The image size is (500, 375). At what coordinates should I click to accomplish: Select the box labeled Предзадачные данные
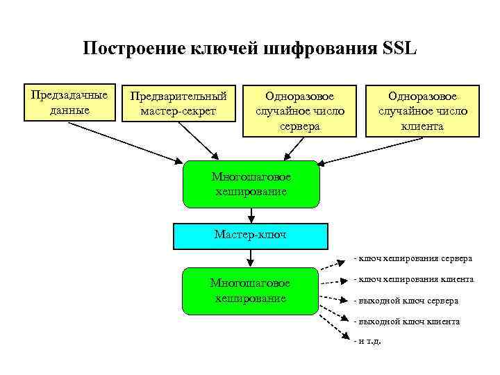[69, 103]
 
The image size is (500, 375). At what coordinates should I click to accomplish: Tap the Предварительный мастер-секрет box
[178, 103]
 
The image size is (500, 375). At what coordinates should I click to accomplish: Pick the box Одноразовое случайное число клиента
[422, 110]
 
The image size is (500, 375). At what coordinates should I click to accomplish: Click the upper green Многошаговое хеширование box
[251, 184]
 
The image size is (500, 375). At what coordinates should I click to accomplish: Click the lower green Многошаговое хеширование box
[251, 290]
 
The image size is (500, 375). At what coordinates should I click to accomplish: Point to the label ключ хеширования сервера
[414, 258]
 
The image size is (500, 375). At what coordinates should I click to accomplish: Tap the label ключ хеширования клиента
[415, 279]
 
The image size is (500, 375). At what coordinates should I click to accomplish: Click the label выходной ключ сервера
[407, 301]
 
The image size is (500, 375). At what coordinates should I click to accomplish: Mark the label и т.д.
[368, 341]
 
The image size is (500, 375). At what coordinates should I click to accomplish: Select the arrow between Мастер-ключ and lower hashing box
[251, 257]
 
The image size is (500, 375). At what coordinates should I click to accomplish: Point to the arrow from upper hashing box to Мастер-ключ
[251, 215]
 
